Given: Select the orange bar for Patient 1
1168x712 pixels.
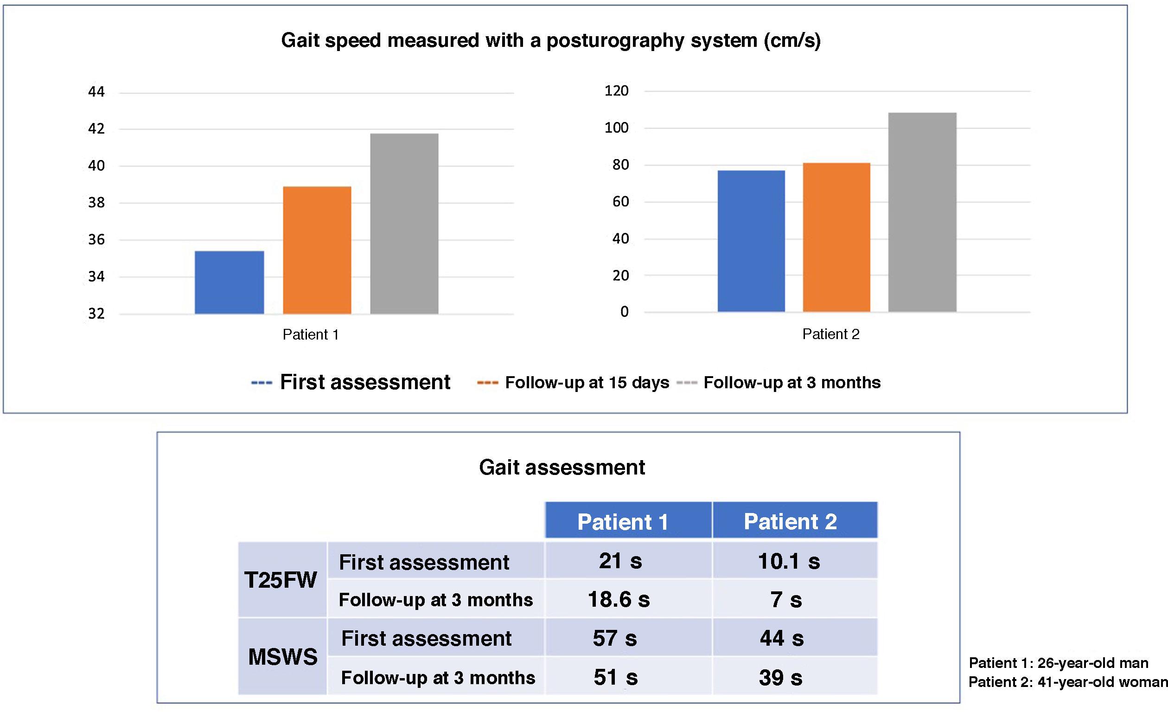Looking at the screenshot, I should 317,250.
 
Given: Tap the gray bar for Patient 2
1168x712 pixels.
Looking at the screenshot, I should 922,212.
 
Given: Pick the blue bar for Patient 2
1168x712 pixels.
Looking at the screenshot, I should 751,241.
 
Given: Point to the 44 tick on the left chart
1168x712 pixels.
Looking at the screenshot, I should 96,91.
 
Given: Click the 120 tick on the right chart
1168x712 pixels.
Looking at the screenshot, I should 616,90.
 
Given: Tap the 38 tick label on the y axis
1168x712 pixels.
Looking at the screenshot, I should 96,203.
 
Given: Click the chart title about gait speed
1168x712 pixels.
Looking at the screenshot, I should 551,40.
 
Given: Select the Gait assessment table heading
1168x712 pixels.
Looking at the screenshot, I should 562,467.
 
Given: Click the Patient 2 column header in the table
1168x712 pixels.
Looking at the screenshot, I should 790,521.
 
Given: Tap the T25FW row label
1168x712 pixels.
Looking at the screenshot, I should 281,580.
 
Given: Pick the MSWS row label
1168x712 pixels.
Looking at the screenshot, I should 282,657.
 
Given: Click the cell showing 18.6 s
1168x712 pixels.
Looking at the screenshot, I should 619,600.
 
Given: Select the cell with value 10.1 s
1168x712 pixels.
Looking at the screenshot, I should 789,561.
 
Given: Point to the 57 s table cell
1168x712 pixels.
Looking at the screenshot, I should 615,638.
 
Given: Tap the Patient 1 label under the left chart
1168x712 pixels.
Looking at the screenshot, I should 311,335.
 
